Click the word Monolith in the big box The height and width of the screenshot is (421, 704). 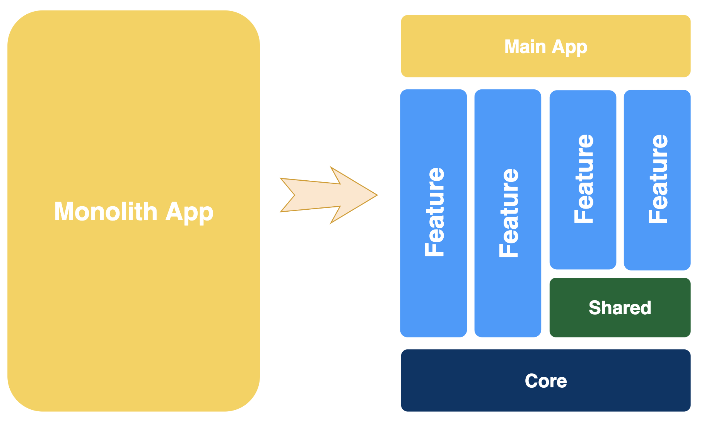point(106,212)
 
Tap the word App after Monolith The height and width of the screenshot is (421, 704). point(189,212)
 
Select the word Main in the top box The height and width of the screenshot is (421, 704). point(525,47)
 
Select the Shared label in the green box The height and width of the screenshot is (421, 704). point(620,308)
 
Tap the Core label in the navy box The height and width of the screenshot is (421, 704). point(545,381)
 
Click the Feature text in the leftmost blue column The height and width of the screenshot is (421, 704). point(434,212)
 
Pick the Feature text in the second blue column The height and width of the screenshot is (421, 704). point(509,213)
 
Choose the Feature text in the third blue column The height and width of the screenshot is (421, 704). point(583,178)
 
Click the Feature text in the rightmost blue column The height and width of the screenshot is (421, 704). point(658,178)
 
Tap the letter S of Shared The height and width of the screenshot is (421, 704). point(595,308)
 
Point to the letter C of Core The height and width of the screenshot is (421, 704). point(532,381)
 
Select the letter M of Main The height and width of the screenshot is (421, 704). point(512,47)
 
